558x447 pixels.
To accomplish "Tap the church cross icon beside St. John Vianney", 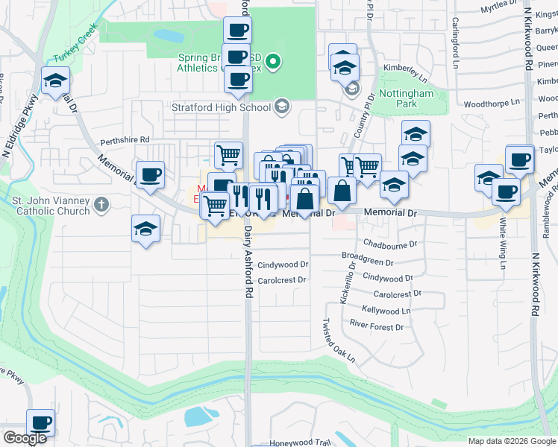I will point(101,204).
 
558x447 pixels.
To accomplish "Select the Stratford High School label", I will point(222,107).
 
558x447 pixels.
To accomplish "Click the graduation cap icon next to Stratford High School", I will point(281,107).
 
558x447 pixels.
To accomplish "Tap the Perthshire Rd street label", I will point(126,139).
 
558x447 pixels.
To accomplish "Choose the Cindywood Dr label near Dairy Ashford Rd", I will point(283,264).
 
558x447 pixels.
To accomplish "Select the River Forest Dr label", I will point(377,327).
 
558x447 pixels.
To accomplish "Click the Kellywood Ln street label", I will point(386,311).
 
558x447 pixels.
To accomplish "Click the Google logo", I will point(24,438).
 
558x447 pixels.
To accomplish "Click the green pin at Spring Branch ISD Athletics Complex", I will point(274,61).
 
